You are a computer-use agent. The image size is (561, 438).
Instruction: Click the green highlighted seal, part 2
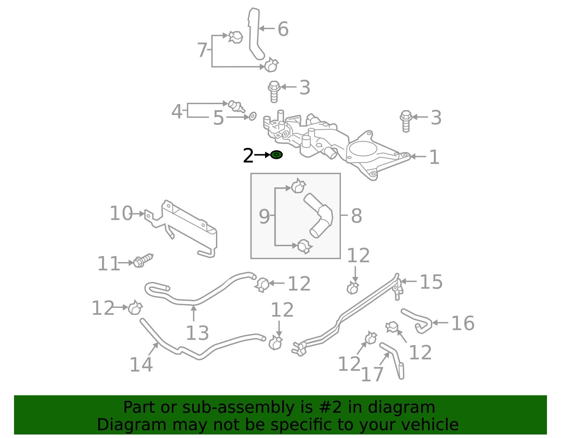point(277,155)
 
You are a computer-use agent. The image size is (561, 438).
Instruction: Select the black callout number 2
point(248,155)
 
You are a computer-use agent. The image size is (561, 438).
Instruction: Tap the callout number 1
point(434,157)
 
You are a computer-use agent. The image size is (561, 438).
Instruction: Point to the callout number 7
point(202,50)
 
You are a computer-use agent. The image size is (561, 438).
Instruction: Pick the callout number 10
point(121,213)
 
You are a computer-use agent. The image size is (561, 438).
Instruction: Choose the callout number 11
point(108,264)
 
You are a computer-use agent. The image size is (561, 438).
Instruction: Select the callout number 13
point(197,333)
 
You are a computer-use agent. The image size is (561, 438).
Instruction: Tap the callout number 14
point(141,364)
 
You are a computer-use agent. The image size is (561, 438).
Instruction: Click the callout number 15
point(431,282)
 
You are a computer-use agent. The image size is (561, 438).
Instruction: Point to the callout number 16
point(462,323)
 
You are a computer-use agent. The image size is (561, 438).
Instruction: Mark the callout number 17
point(372,375)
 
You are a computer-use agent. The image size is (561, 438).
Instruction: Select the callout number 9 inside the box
point(264,216)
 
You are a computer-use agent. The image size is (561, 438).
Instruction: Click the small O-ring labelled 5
point(252,116)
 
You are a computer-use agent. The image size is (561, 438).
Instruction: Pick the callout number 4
point(177,112)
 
